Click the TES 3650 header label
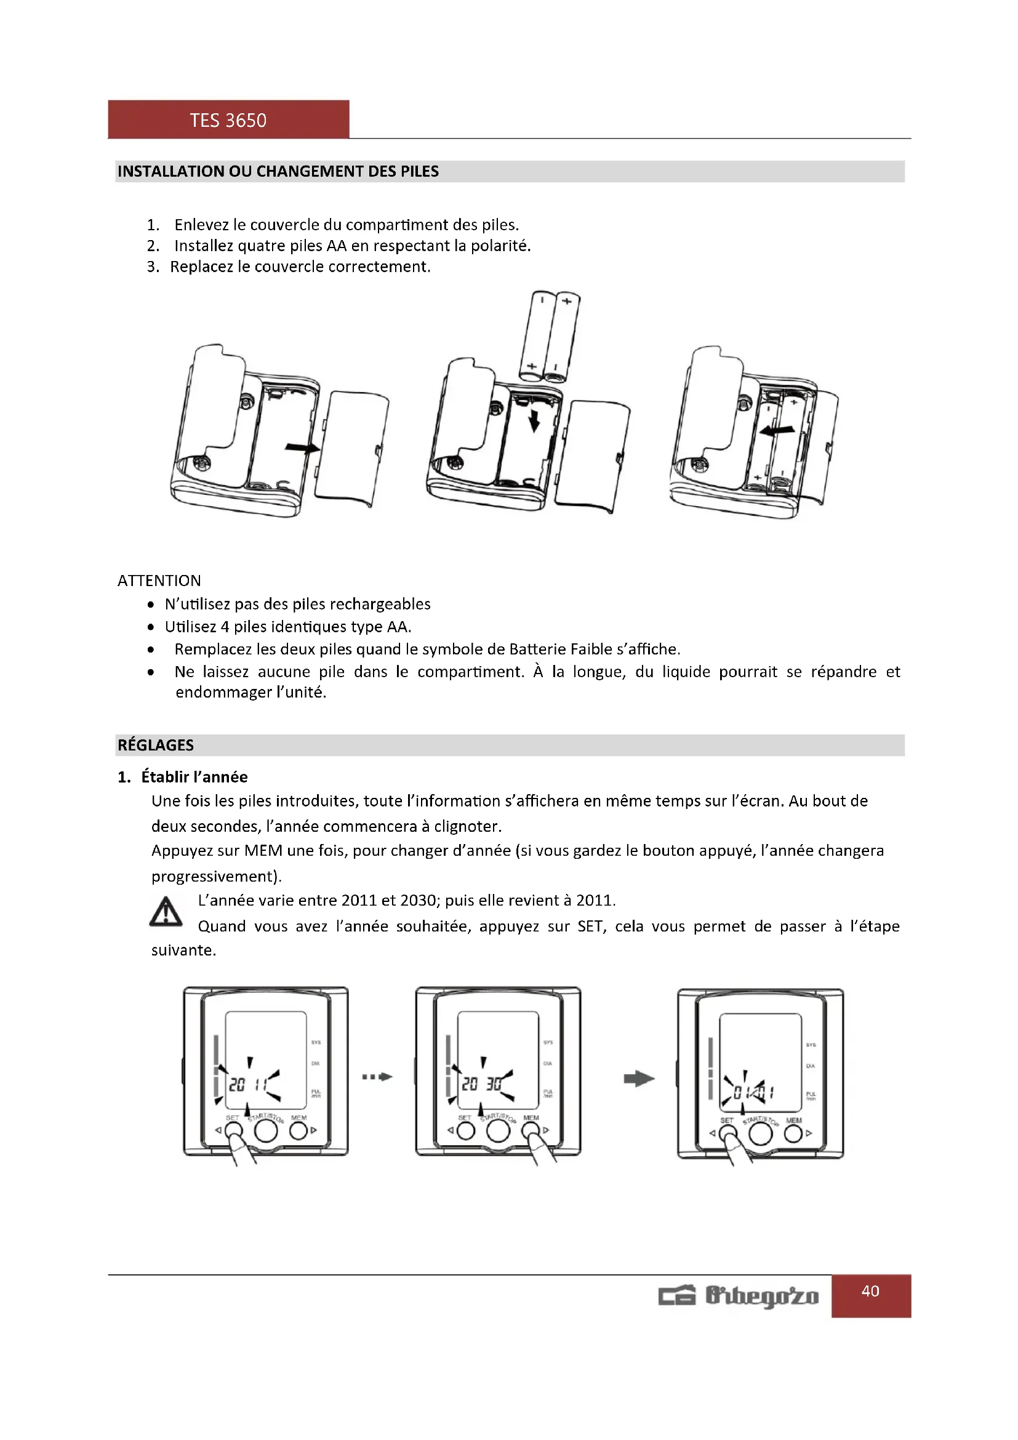228,120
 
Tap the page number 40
870,1291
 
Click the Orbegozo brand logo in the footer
739,1296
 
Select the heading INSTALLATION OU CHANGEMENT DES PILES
278,171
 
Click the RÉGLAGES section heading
156,745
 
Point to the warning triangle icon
166,912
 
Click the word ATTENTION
159,581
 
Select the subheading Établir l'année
194,777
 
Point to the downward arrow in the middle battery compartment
534,420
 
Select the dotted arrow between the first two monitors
377,1077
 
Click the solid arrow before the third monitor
639,1079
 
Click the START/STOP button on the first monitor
266,1130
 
